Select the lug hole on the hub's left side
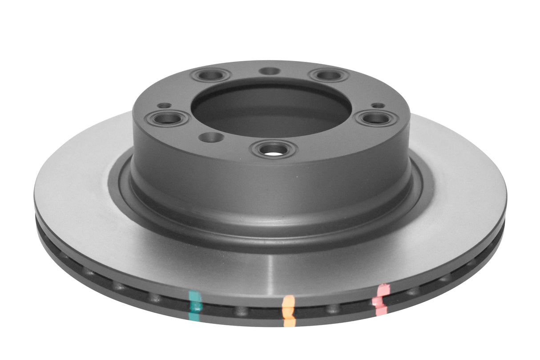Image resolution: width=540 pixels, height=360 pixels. [168, 118]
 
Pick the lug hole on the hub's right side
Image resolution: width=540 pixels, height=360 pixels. [375, 118]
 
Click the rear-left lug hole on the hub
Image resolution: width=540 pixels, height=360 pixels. [210, 75]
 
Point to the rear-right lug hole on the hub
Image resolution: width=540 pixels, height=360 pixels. [329, 75]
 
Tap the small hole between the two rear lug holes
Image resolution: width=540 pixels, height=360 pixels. [269, 71]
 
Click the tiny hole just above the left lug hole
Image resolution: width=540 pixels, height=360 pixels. [165, 105]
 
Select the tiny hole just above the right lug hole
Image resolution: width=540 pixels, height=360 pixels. [378, 105]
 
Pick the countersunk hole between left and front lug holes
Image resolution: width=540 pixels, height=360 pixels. [211, 136]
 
